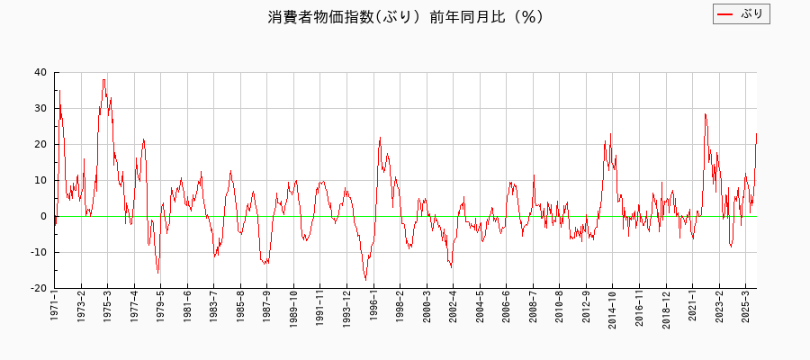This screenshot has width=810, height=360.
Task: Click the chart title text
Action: pos(405,17)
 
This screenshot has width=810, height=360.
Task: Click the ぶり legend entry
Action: pos(742,14)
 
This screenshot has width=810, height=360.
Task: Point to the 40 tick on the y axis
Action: pos(40,73)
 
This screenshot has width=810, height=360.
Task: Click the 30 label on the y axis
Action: pos(40,109)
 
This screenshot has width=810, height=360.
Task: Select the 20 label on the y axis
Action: pos(40,145)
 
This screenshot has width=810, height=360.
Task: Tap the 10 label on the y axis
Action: pos(40,181)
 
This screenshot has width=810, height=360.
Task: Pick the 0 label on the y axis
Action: pos(44,217)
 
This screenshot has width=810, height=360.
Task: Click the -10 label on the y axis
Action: pos(39,253)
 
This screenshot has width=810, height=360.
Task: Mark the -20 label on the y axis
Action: pos(39,289)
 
